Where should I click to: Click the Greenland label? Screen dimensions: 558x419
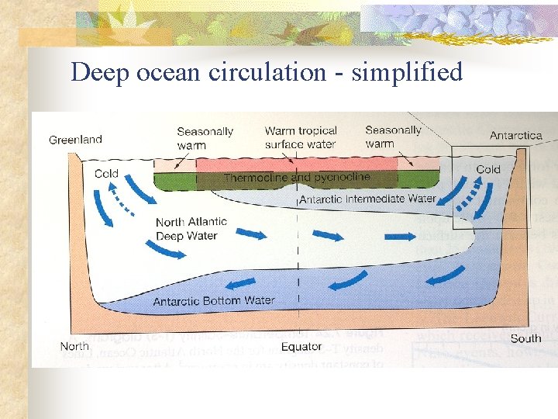click(75, 140)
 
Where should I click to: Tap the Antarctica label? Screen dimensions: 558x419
click(515, 136)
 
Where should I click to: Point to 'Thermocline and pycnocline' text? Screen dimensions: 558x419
click(297, 178)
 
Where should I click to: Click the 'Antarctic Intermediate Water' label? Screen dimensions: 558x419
click(367, 199)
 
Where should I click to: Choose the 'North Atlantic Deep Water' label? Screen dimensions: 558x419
click(191, 229)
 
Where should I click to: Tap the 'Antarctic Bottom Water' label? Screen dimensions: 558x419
click(214, 300)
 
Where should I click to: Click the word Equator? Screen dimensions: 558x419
click(301, 346)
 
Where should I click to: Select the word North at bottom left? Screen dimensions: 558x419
click(75, 345)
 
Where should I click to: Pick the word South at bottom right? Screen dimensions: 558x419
click(525, 338)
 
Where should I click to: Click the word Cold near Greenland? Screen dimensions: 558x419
click(106, 173)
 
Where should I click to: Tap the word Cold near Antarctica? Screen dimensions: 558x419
click(488, 169)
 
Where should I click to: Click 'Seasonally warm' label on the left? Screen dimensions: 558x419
click(205, 137)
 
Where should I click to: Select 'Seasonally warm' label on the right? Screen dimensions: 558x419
click(393, 137)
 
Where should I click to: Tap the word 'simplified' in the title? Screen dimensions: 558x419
click(407, 72)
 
